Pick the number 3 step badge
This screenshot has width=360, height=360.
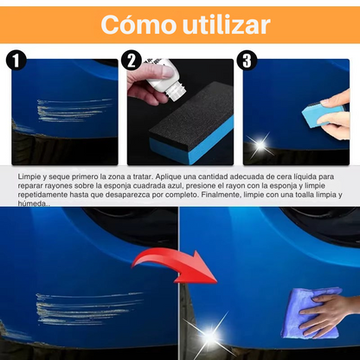coord(247,61)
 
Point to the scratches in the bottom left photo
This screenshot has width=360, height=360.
coord(73,304)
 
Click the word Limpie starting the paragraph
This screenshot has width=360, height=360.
coord(29,176)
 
